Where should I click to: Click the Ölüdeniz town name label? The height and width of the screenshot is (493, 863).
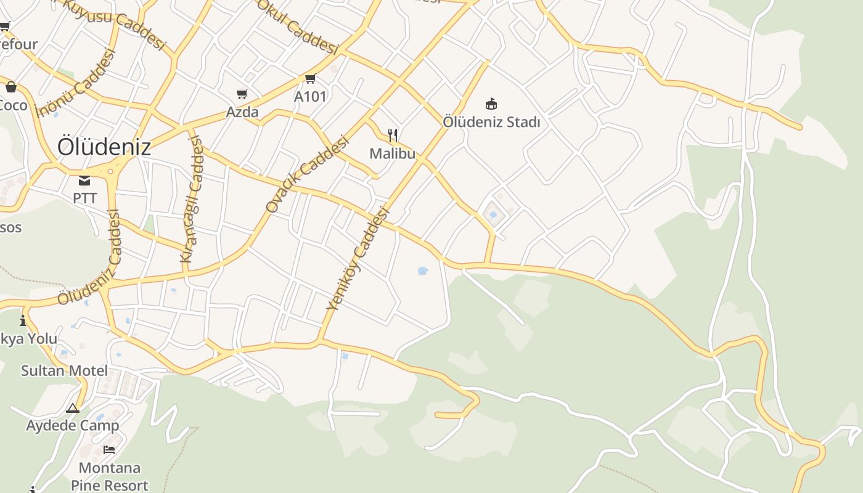click(x=104, y=147)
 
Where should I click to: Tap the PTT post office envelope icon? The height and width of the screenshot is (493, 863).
click(x=84, y=181)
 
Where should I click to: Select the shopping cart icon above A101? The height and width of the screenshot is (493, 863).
click(x=310, y=79)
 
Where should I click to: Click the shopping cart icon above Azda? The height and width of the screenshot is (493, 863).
click(x=242, y=94)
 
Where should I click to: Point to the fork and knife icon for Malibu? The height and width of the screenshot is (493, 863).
click(x=392, y=135)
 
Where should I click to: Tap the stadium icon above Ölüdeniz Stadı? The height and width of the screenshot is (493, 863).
click(x=491, y=104)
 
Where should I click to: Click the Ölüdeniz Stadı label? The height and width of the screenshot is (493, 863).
click(x=491, y=122)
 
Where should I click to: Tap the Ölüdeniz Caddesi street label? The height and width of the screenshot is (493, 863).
click(x=90, y=258)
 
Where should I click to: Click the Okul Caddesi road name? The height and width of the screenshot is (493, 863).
click(x=298, y=26)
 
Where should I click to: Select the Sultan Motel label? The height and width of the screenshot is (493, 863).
click(x=64, y=370)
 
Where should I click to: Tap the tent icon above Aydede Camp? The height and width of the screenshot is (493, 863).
click(x=73, y=408)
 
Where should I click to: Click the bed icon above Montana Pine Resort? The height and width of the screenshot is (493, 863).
click(x=109, y=449)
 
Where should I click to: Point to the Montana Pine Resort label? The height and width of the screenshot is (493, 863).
click(x=110, y=476)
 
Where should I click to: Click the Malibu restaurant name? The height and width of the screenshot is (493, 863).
click(x=392, y=153)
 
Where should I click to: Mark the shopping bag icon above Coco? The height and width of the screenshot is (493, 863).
click(x=10, y=87)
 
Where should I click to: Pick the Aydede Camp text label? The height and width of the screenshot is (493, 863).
click(x=72, y=425)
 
